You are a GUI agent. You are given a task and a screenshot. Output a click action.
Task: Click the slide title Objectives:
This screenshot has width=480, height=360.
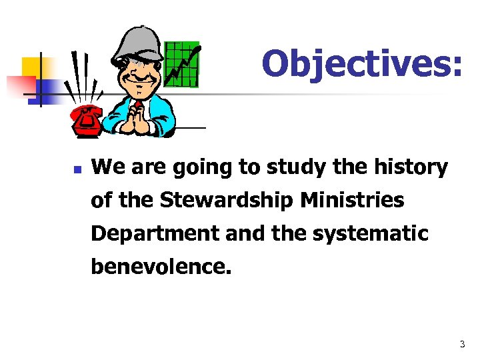361,65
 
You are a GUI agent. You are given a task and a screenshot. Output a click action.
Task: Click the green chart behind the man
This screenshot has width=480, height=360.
181,64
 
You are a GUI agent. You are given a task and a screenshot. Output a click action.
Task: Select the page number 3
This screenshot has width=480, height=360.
461,345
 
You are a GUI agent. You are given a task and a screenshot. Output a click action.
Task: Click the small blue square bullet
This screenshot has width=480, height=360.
77,170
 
